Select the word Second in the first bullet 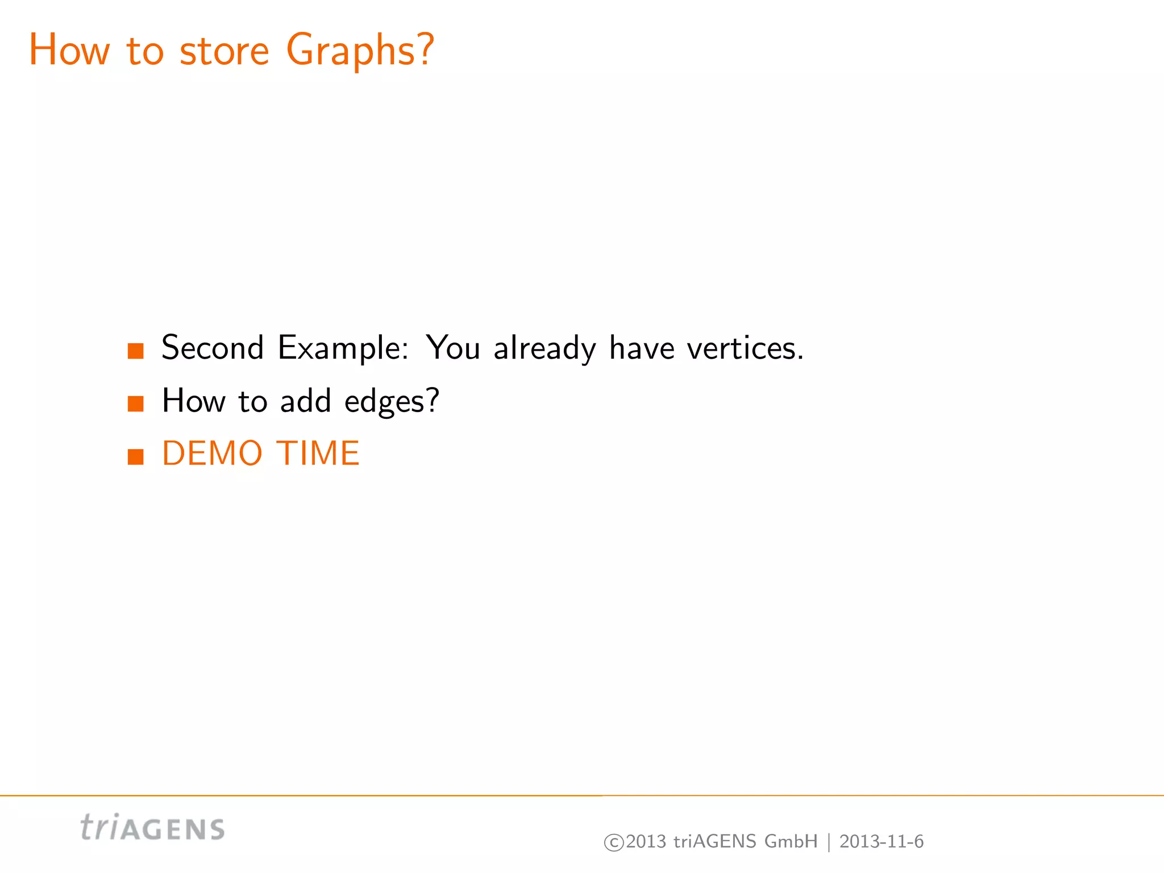[213, 347]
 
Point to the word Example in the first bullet [342, 347]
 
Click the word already [545, 347]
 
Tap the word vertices [745, 347]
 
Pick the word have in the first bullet [642, 347]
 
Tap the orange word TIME [318, 454]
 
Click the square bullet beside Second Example [136, 351]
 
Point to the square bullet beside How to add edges [136, 404]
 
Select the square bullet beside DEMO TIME [136, 456]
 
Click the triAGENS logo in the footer [152, 828]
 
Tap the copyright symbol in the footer [613, 842]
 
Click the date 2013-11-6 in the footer [882, 841]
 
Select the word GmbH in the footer [791, 841]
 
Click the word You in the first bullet [453, 347]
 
